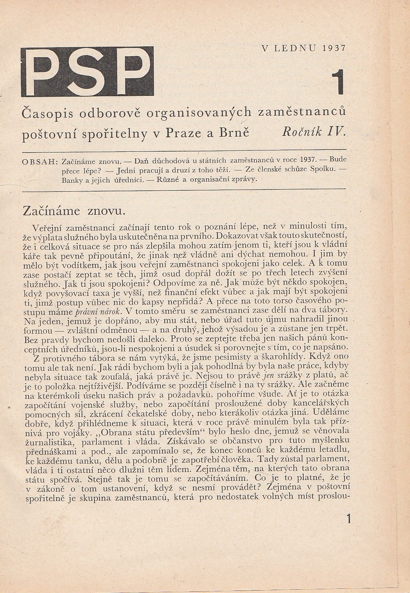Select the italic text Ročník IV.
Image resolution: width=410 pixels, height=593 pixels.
[314, 132]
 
